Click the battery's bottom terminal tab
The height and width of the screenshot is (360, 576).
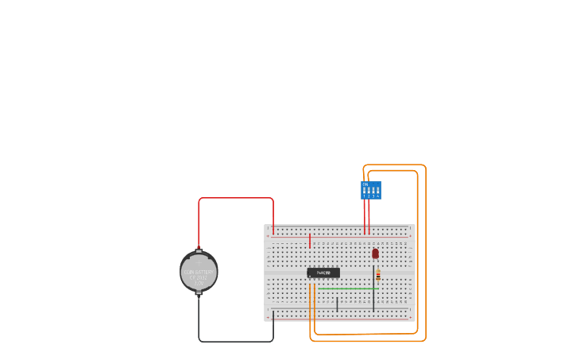point(199,292)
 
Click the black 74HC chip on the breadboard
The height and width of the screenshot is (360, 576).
point(323,273)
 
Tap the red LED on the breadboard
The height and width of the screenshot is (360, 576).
point(375,254)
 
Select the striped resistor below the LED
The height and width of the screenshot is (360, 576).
point(378,275)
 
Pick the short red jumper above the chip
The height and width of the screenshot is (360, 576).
point(310,240)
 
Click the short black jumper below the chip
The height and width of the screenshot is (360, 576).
point(337,304)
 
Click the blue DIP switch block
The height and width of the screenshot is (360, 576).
point(371,191)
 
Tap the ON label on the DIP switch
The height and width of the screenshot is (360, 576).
point(365,184)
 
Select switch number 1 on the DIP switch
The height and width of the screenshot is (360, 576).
point(365,192)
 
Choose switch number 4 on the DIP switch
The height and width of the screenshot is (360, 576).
point(377,192)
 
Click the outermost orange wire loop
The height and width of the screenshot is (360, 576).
point(426,254)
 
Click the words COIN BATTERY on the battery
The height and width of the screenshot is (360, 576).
point(198,272)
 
